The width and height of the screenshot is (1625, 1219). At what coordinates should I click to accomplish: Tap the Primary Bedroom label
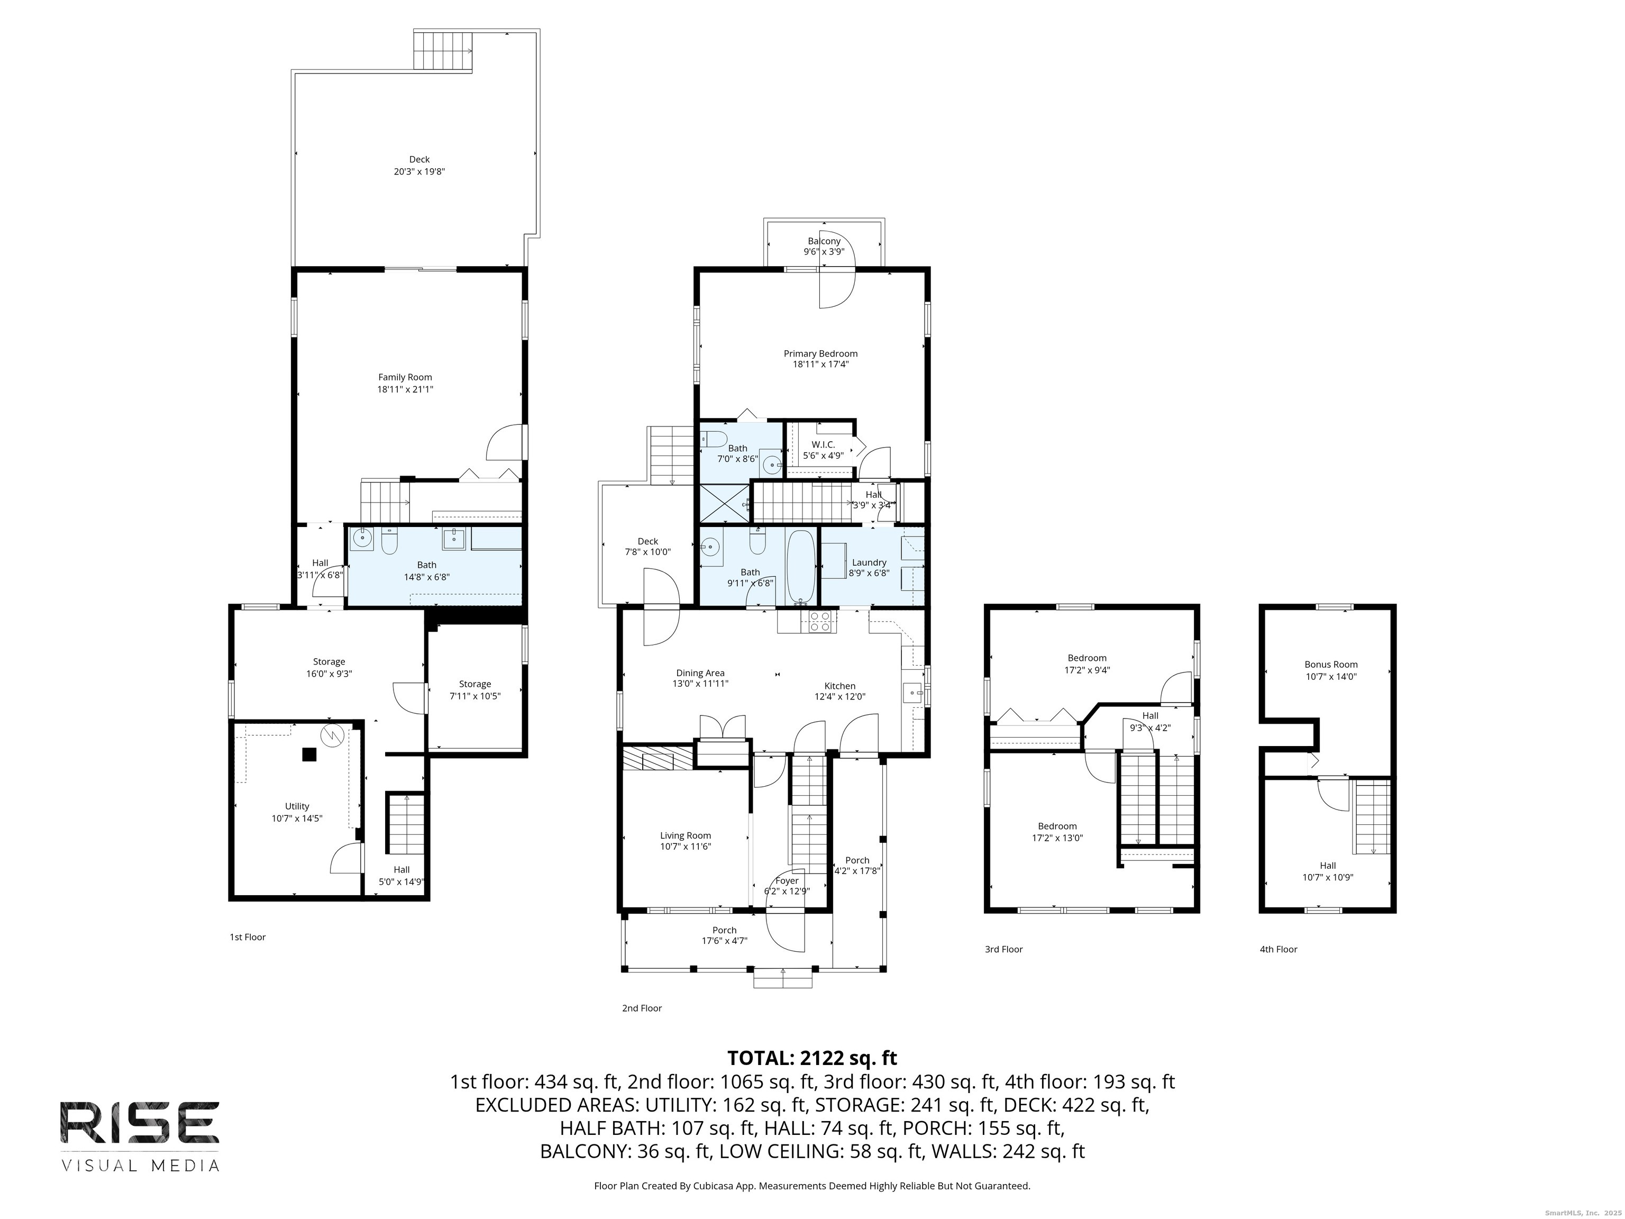[x=820, y=353]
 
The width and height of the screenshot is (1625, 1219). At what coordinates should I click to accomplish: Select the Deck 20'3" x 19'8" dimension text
[x=419, y=172]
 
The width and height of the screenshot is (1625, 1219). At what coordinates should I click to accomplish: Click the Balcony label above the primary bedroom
[x=824, y=241]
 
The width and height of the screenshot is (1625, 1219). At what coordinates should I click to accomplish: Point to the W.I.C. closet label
[x=823, y=444]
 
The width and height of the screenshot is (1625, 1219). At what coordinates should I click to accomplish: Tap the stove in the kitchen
[x=820, y=622]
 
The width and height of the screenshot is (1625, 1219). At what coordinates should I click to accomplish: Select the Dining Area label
[x=700, y=673]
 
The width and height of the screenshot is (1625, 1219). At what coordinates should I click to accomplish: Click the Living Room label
[x=686, y=835]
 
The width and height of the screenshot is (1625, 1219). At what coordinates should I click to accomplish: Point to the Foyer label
[x=787, y=881]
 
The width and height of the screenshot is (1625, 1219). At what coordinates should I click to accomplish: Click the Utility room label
[x=297, y=806]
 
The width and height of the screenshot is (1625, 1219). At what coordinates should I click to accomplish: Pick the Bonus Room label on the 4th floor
[x=1331, y=664]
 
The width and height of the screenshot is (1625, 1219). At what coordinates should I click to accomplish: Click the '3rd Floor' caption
[x=1003, y=949]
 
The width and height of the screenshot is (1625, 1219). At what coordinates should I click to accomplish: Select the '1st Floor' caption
[x=248, y=937]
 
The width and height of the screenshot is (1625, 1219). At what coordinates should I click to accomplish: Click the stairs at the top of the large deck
[x=443, y=51]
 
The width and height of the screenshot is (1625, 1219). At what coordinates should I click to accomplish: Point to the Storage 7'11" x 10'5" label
[x=476, y=690]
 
